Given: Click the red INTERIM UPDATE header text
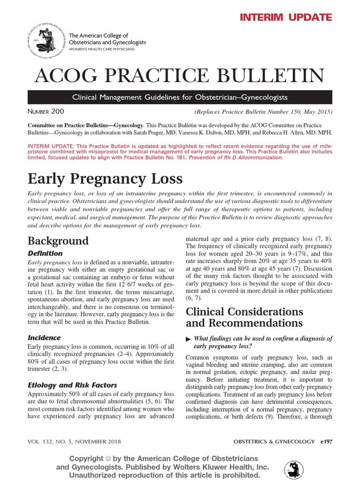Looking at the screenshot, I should pos(286,18).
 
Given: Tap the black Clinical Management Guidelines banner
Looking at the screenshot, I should pos(180,97).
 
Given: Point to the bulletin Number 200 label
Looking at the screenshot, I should pos(46,112).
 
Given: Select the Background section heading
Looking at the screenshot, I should pos(58,241).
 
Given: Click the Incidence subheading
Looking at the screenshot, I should pos(44,337).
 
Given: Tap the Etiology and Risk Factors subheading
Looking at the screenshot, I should pos(72,385).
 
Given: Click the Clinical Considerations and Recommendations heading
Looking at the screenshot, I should pos(245,317).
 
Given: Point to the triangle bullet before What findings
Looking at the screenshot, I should pos(188,339).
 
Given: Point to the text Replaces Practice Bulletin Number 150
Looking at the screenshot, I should pos(263,112).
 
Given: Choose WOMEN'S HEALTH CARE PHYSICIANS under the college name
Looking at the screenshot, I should pos(102,49).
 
